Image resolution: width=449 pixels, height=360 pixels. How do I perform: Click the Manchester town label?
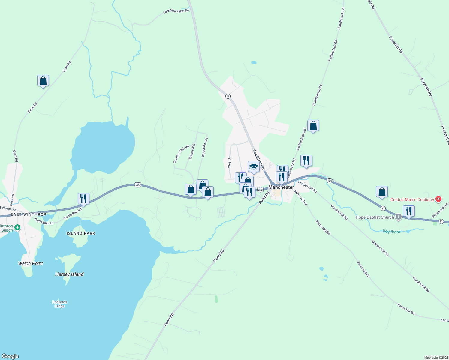tap(281, 187)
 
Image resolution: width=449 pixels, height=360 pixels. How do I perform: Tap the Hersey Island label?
tap(69, 274)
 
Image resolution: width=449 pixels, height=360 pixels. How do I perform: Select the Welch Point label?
tap(30, 263)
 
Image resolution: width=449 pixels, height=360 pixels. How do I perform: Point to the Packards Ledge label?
tap(59, 304)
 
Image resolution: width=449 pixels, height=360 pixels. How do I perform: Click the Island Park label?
tap(81, 233)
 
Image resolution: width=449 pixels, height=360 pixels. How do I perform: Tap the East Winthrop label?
tap(29, 214)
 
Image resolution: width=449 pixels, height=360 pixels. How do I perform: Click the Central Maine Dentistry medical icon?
tap(438, 199)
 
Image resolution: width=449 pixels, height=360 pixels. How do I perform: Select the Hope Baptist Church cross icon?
tap(398, 217)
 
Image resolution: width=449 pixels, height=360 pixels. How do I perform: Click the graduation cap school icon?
tap(253, 167)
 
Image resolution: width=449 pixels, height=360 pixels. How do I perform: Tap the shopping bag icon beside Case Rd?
tap(43, 81)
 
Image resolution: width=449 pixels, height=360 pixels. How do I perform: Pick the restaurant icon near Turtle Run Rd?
tap(83, 199)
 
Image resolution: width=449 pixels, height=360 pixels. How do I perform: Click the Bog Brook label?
tap(392, 232)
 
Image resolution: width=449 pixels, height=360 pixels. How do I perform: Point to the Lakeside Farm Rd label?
tap(176, 11)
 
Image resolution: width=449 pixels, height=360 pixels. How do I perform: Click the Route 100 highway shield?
tap(330, 181)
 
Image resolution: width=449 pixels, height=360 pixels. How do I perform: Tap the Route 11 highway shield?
tap(441, 221)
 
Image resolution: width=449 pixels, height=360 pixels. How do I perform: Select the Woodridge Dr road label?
tap(204, 147)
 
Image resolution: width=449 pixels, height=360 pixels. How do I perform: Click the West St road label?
tap(229, 162)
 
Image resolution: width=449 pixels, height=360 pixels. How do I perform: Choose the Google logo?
tap(10, 356)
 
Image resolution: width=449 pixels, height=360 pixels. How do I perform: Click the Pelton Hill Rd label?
tap(440, 211)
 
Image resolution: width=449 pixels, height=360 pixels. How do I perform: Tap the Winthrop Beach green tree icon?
tap(17, 228)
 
